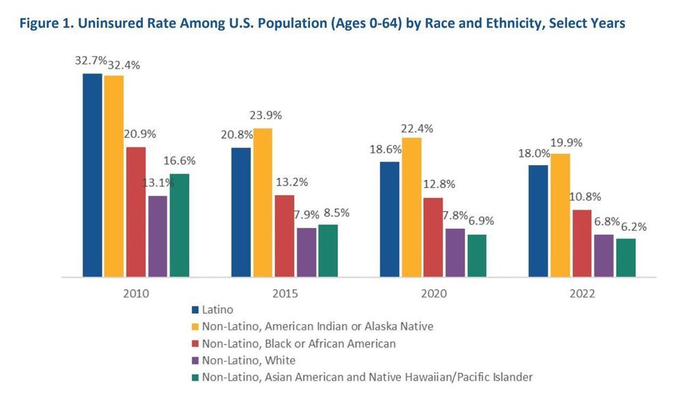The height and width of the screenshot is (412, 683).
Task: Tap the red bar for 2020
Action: click(x=433, y=237)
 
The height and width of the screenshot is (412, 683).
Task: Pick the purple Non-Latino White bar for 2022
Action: click(x=604, y=255)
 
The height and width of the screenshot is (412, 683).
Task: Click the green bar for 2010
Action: click(x=180, y=225)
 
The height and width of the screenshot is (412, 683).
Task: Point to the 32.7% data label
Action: click(x=91, y=60)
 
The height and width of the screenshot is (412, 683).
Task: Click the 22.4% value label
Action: click(x=416, y=128)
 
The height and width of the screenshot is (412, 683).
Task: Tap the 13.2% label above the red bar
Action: click(x=291, y=182)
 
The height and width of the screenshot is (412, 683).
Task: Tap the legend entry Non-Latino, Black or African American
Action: click(x=299, y=343)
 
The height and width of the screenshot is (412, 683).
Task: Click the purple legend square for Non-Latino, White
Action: click(x=196, y=359)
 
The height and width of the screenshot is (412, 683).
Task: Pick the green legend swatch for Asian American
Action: click(x=196, y=377)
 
